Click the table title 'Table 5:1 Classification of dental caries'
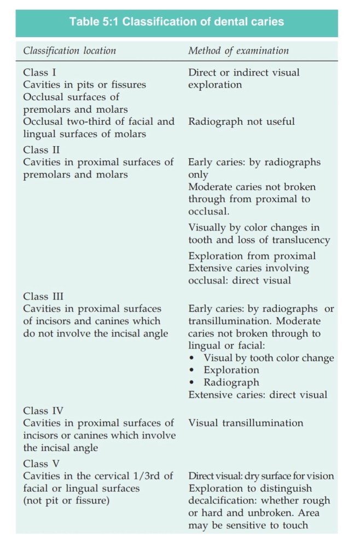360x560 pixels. click(x=176, y=22)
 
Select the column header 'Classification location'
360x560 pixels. click(x=69, y=50)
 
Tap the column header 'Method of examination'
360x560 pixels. click(x=239, y=50)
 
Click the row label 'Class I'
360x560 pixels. click(x=40, y=72)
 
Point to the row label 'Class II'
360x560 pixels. click(x=42, y=149)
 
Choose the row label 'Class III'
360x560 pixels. click(x=43, y=297)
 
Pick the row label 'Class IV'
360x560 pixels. click(x=43, y=411)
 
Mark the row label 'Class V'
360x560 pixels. click(x=42, y=464)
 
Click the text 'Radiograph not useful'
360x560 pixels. click(x=241, y=122)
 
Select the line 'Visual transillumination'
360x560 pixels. click(x=246, y=423)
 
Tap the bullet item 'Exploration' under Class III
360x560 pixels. click(x=231, y=370)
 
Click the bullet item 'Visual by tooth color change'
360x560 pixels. click(x=269, y=358)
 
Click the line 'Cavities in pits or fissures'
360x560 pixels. click(x=84, y=85)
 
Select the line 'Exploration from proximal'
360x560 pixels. click(x=252, y=256)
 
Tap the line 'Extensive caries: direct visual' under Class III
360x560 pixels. click(x=258, y=394)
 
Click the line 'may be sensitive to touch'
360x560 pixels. click(x=248, y=525)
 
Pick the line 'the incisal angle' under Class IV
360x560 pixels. click(x=60, y=448)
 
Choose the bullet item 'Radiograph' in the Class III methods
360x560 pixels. click(x=231, y=382)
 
